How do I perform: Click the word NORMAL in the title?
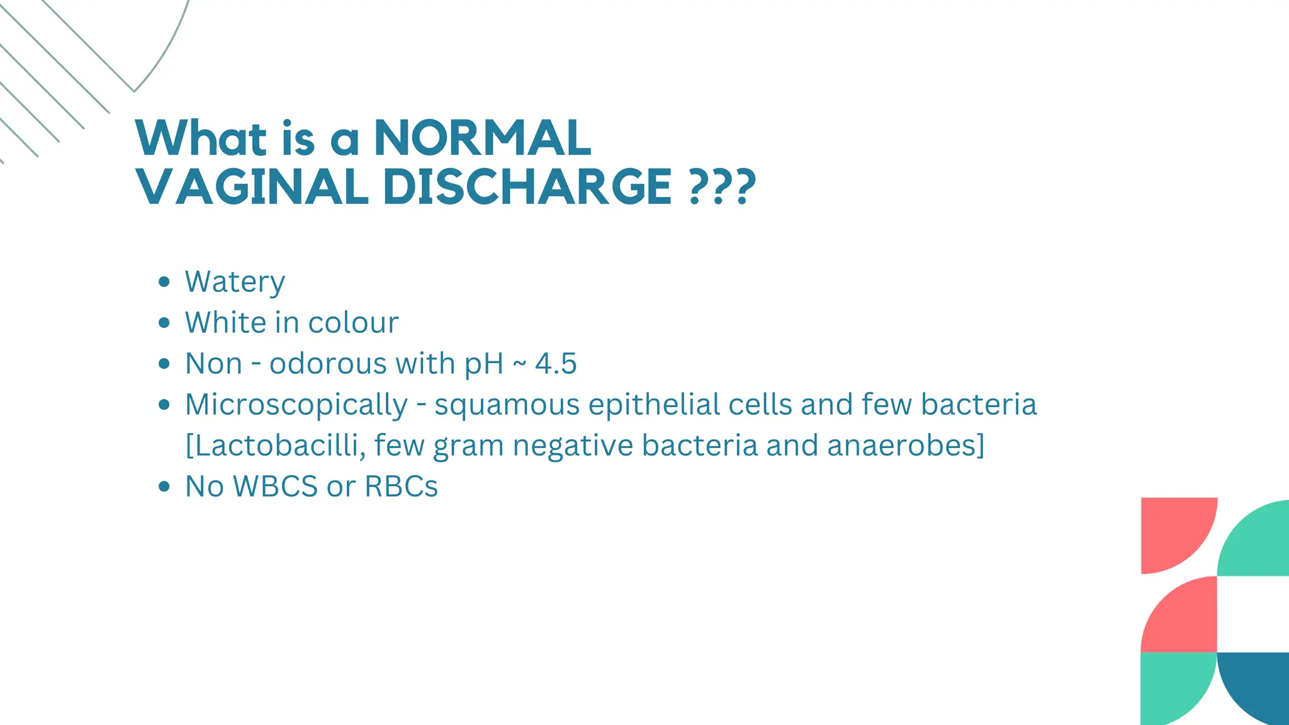tap(483, 138)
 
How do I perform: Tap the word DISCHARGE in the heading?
tap(527, 187)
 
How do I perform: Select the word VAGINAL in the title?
tap(252, 187)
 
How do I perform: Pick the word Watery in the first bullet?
tap(235, 282)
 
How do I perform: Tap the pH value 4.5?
tap(556, 364)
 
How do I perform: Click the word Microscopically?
tap(296, 405)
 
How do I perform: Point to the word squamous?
tap(507, 405)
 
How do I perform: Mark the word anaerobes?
tap(906, 446)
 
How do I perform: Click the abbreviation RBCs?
tap(401, 486)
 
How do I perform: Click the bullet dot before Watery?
tap(164, 282)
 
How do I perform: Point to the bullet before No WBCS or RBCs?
tap(164, 486)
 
